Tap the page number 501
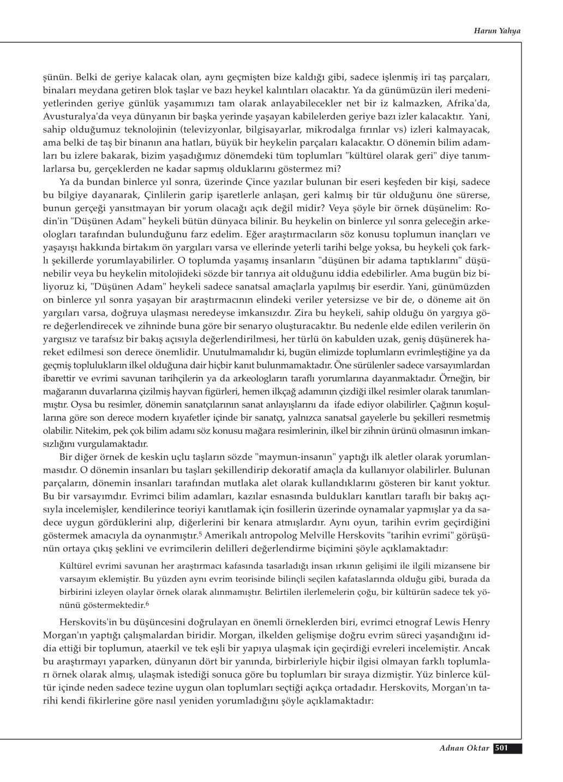pos(501,748)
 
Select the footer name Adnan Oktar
pos(463,748)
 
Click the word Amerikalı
pos(228,535)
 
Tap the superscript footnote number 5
pos(201,533)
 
